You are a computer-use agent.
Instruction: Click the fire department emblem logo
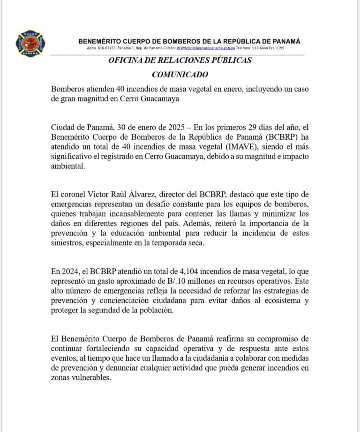[x=30, y=44]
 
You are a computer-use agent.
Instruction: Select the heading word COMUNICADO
[x=180, y=75]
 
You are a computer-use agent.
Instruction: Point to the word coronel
[x=75, y=195]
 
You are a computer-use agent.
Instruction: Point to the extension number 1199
[x=280, y=48]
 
